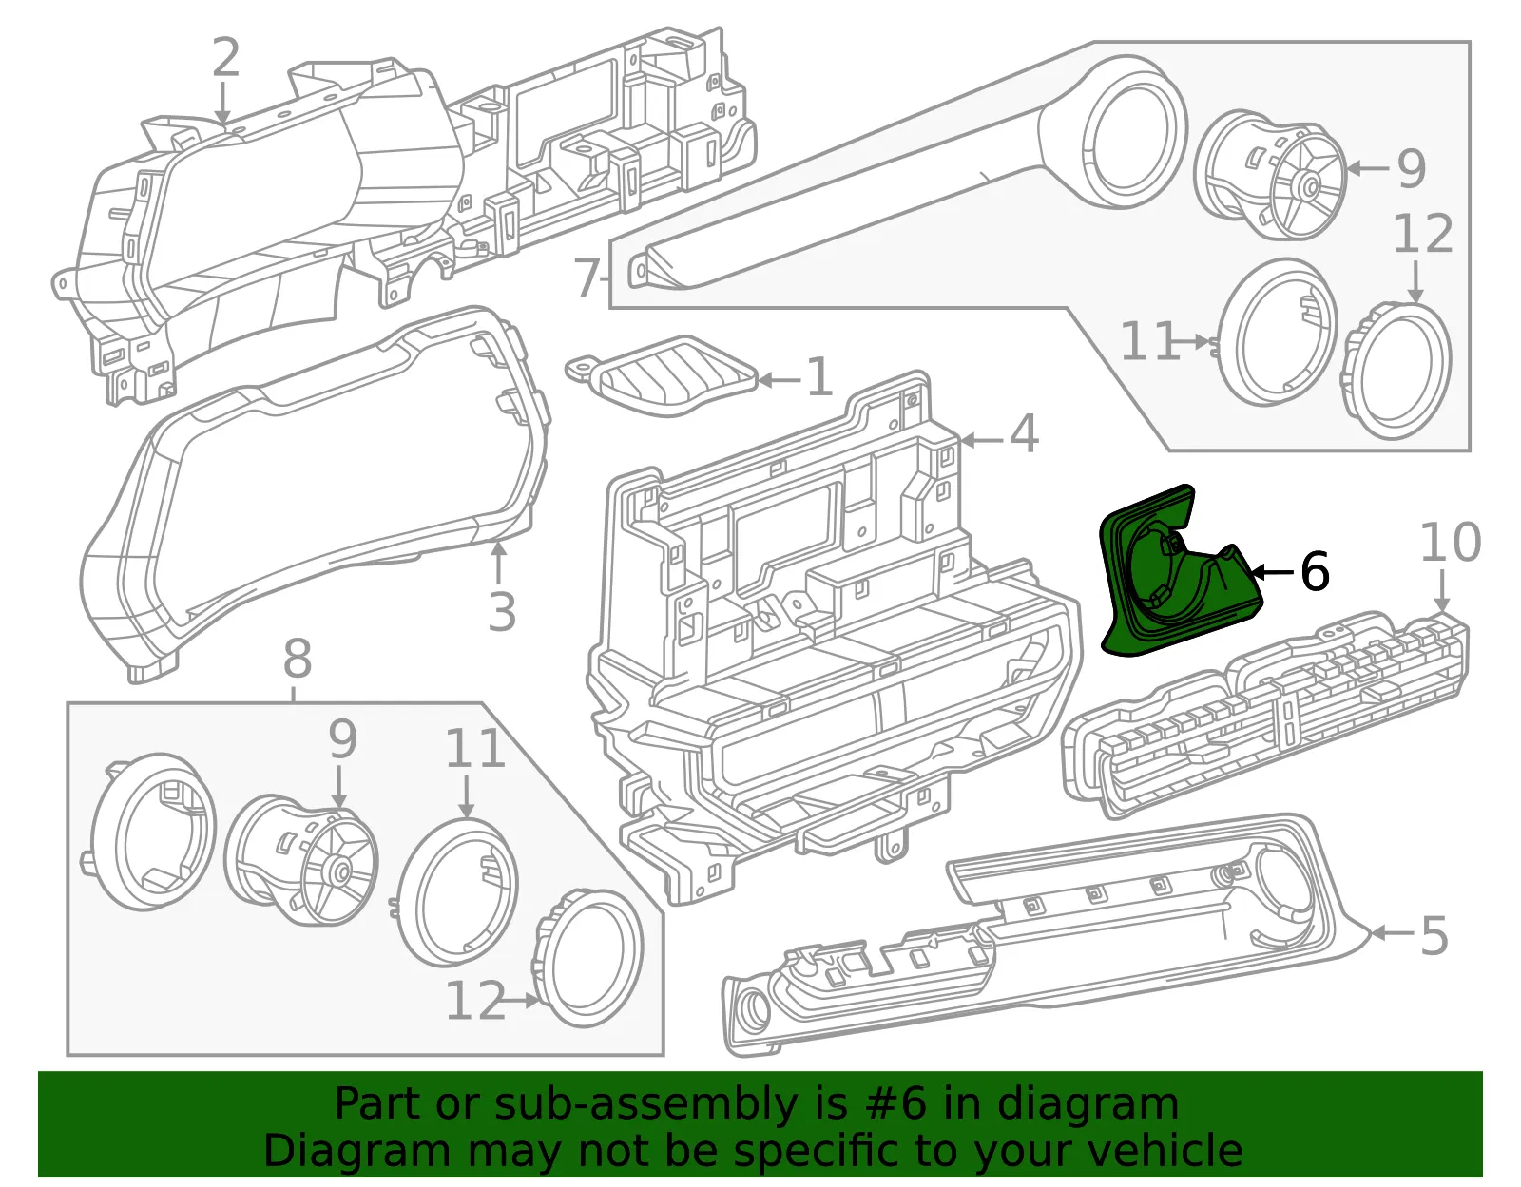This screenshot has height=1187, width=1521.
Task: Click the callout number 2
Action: (225, 57)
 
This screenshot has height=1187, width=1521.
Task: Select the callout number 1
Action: (819, 377)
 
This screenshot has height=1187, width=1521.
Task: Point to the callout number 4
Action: (1023, 433)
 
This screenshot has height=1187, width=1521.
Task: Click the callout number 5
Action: (1434, 936)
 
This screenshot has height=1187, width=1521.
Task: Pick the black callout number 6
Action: (1315, 571)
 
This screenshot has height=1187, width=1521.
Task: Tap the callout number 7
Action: (586, 278)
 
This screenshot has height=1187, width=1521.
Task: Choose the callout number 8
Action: (298, 659)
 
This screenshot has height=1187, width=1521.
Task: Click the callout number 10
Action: (1451, 542)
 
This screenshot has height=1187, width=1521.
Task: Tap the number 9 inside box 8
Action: (343, 739)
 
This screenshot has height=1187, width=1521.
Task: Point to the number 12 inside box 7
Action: (1423, 234)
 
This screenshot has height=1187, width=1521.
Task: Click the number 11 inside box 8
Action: (475, 749)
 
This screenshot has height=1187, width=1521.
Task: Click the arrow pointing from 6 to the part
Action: (1273, 572)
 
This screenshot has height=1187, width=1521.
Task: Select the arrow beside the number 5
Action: (1392, 933)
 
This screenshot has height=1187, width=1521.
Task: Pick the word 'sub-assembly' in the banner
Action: (646, 1105)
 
